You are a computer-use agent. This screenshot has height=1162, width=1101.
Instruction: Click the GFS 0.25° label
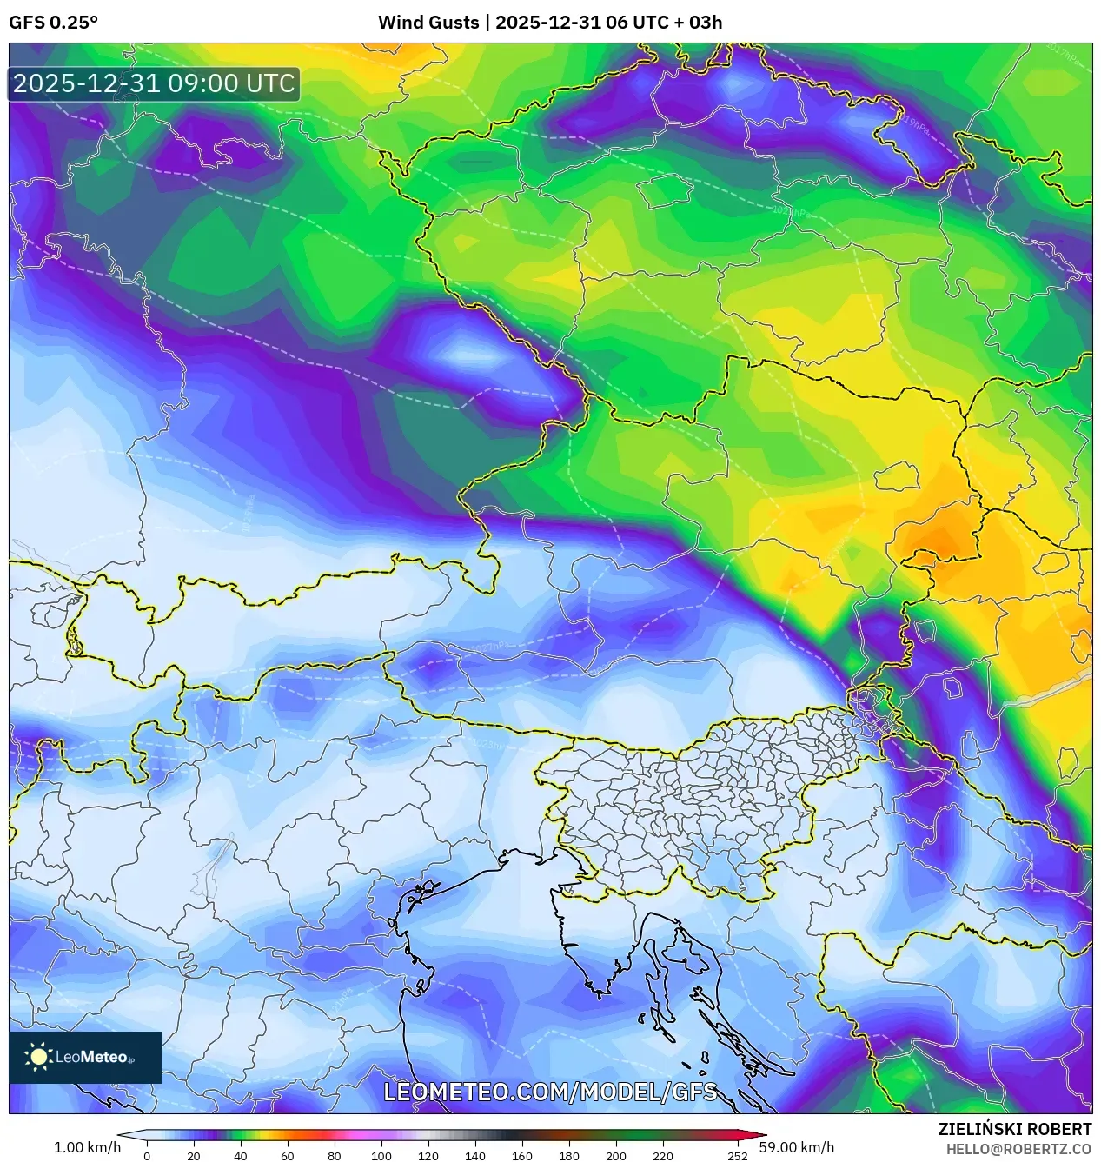[53, 23]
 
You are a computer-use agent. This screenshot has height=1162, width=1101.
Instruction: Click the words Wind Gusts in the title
[428, 23]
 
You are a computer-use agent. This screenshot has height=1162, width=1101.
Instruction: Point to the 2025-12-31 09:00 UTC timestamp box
[154, 83]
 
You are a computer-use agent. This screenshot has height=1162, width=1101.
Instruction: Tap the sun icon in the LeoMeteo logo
[39, 1057]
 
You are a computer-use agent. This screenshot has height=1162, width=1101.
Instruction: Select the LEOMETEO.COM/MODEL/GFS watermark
[550, 1092]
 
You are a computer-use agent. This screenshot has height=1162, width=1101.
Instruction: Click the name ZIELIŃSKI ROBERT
[1014, 1129]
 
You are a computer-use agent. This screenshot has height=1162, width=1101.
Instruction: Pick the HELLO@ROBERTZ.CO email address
[1018, 1149]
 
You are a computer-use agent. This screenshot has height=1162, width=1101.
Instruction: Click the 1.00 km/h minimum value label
[87, 1147]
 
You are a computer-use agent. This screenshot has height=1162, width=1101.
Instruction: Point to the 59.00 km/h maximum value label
[796, 1147]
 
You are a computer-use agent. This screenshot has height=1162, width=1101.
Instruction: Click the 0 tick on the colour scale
[147, 1156]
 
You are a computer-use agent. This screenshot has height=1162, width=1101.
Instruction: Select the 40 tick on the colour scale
[241, 1156]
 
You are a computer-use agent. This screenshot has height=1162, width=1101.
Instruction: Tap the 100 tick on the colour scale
[381, 1156]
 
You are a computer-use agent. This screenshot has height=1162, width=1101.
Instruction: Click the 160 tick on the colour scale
[522, 1156]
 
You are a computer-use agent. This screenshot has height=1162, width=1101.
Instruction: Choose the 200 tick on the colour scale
[616, 1156]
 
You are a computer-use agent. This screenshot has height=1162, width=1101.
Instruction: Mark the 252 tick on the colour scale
[738, 1156]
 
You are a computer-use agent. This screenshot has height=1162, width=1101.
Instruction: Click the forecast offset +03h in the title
[705, 23]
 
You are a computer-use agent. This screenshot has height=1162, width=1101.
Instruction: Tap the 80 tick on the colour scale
[335, 1156]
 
